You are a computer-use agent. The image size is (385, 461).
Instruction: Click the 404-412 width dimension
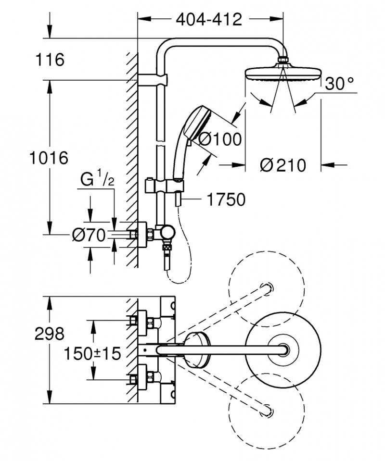pyautogui.click(x=208, y=20)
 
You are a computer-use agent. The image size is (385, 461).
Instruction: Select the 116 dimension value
pyautogui.click(x=50, y=60)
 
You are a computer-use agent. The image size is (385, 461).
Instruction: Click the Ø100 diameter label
pyautogui.click(x=219, y=140)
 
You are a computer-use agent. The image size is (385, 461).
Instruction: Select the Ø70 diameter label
pyautogui.click(x=88, y=235)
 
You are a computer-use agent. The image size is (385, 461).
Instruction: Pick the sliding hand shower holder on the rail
pyautogui.click(x=165, y=185)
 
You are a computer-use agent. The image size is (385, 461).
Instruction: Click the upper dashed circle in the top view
pyautogui.click(x=266, y=289)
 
